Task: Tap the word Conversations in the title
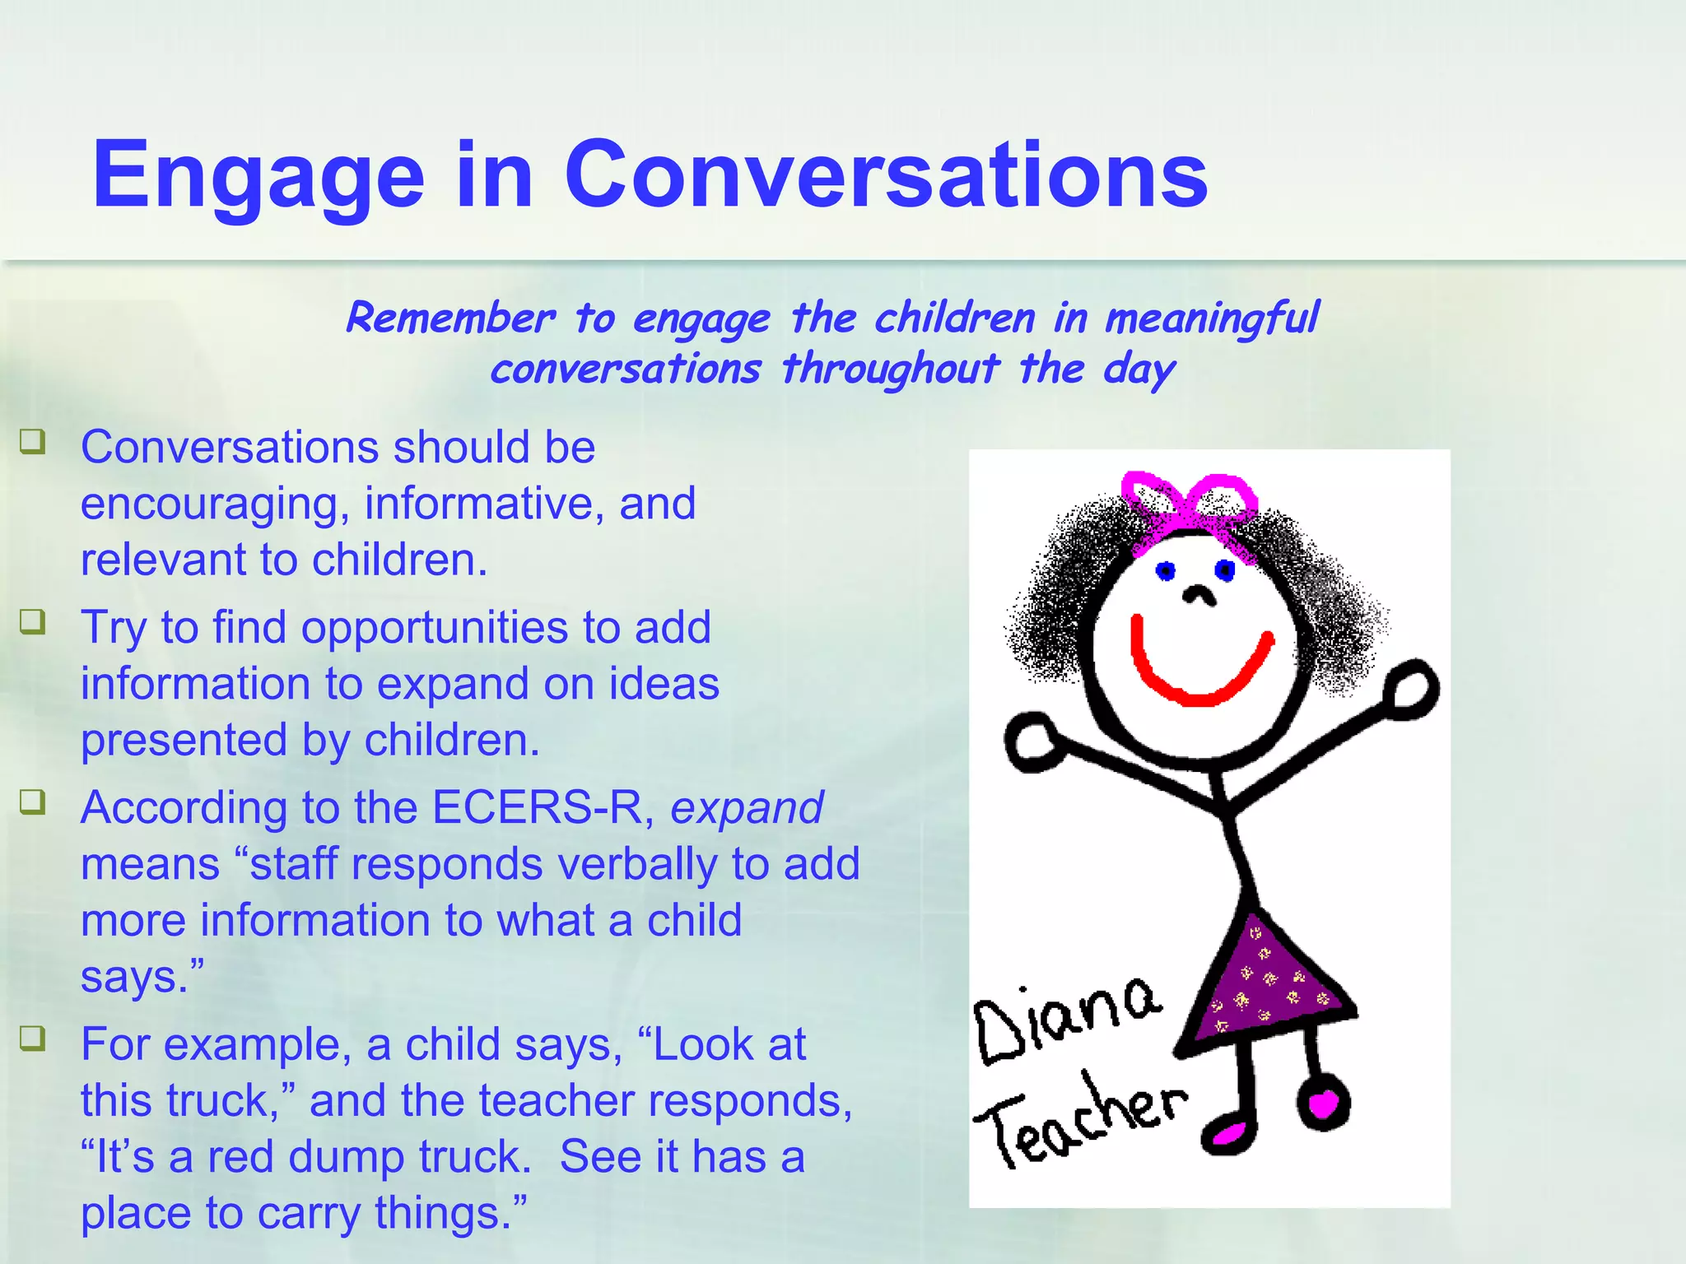(x=886, y=174)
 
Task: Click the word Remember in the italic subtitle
(x=450, y=318)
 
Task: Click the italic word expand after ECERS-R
(x=747, y=807)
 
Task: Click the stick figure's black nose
(x=1199, y=595)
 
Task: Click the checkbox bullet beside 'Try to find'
(x=33, y=621)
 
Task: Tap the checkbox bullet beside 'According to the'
(x=33, y=802)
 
